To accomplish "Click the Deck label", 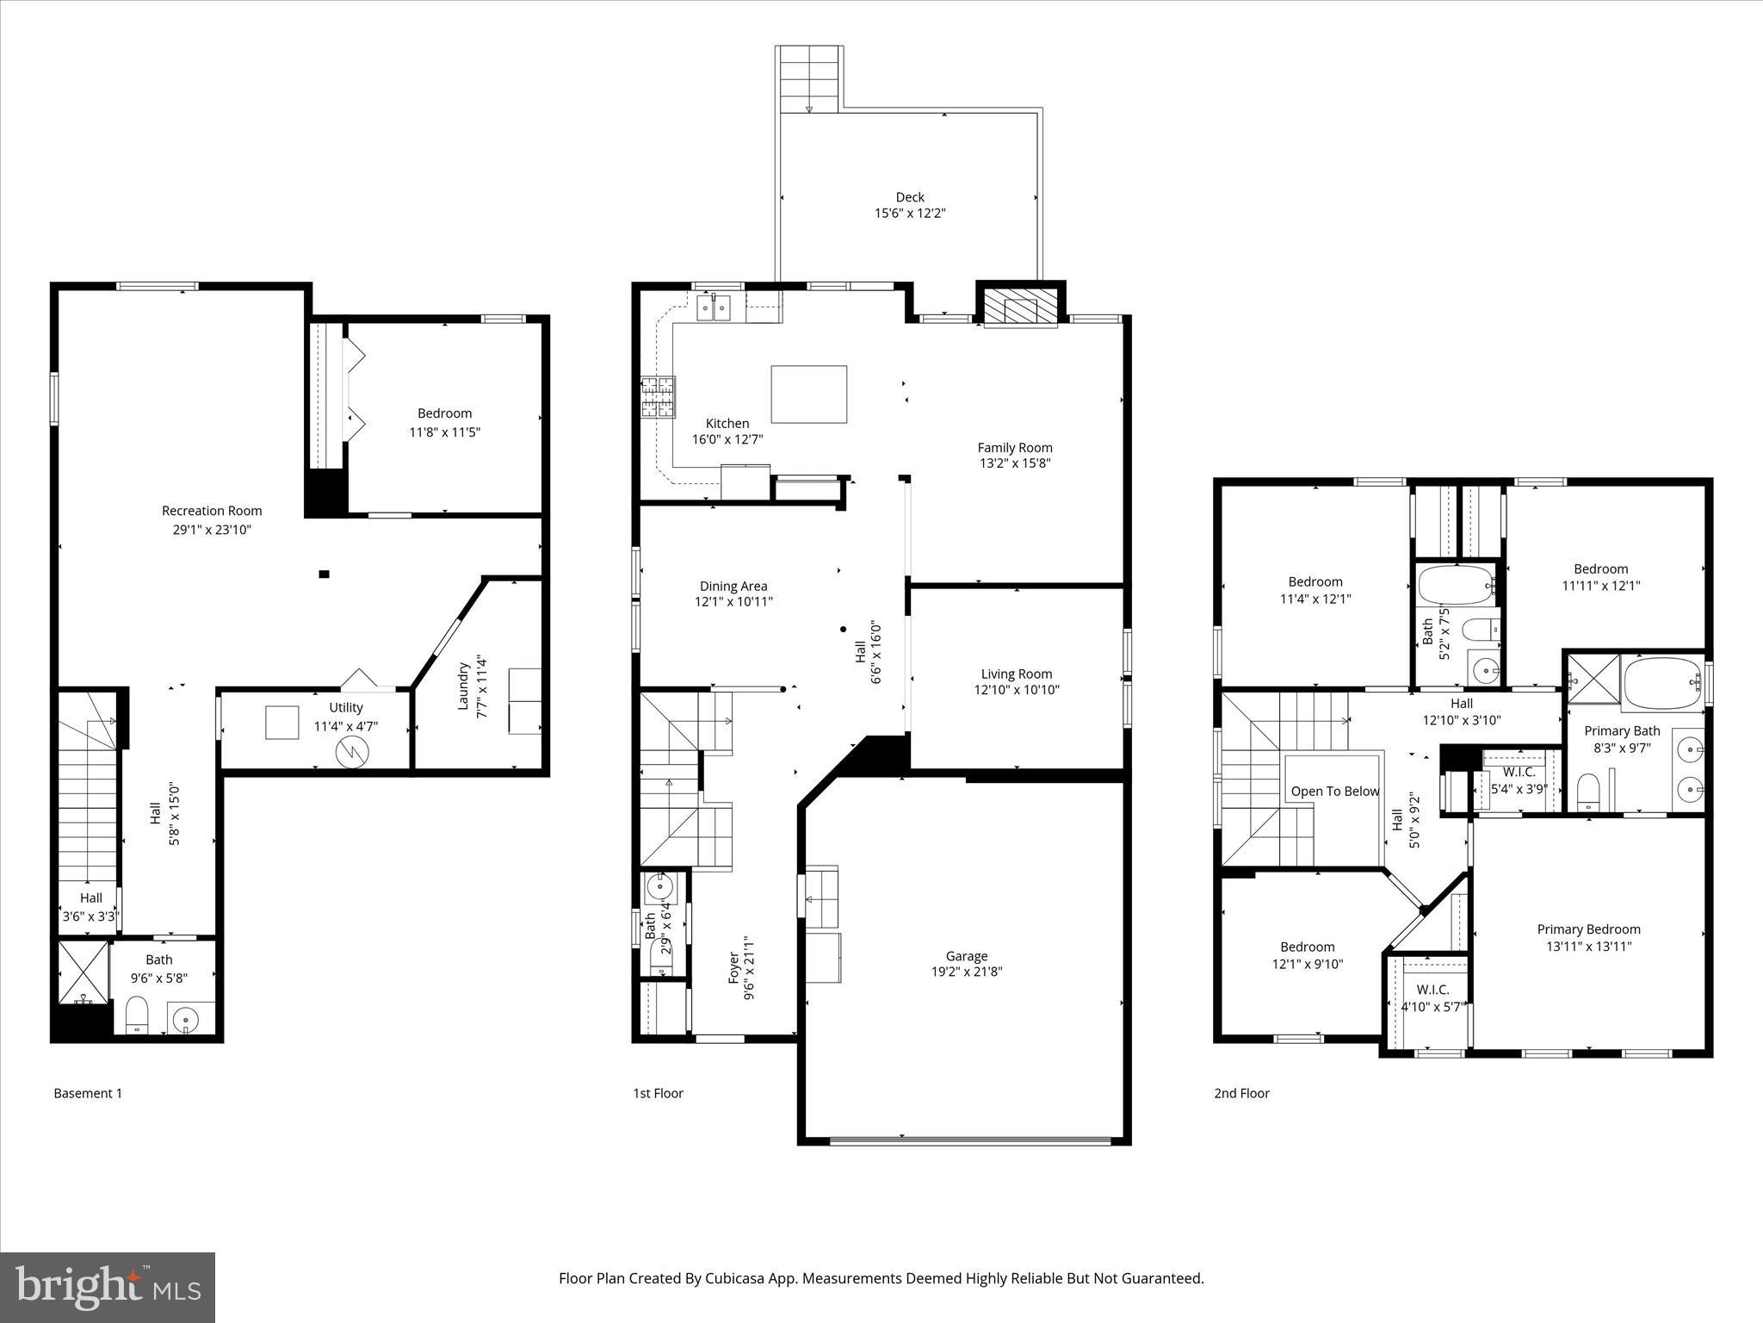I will pos(910,197).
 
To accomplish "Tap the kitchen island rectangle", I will pos(808,394).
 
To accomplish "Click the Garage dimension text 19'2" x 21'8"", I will pos(967,972).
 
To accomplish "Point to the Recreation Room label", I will pos(212,511).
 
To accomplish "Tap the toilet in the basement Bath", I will pos(138,1014).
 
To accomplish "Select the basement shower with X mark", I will pos(84,972).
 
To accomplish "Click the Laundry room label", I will pos(463,686).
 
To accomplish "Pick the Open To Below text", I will pos(1334,792).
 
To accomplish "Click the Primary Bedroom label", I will pos(1588,929).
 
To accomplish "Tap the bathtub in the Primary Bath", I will pos(1662,683).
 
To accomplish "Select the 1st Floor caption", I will pos(659,1094).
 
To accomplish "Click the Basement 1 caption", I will pos(88,1094).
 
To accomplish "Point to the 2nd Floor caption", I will pos(1241,1094).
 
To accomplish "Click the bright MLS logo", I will pos(108,1287).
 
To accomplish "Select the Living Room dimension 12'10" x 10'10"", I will pos(1017,690).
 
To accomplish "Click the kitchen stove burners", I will pos(658,398).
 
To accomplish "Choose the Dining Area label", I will pos(733,587).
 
